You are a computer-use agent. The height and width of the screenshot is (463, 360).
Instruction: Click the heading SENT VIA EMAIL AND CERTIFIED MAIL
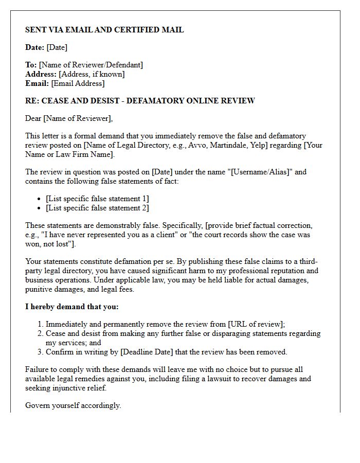(x=104, y=30)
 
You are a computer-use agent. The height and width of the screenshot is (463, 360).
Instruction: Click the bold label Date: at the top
(x=34, y=47)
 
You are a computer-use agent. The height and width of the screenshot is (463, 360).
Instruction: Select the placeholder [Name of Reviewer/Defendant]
(x=91, y=65)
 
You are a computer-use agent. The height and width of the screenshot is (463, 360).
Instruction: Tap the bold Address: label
(x=41, y=74)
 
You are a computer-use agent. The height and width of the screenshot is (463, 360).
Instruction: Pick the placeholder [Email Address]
(x=78, y=83)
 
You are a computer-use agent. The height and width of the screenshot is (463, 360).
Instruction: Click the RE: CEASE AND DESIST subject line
(x=140, y=101)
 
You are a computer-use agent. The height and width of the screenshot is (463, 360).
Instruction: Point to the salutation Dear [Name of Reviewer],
(x=69, y=118)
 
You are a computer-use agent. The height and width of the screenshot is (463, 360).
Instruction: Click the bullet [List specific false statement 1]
(x=97, y=199)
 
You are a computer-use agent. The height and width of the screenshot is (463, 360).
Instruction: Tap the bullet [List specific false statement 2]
(x=97, y=208)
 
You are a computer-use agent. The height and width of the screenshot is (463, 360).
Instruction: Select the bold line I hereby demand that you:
(x=72, y=307)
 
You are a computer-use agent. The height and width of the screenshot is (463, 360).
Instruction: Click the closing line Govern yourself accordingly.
(x=73, y=405)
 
